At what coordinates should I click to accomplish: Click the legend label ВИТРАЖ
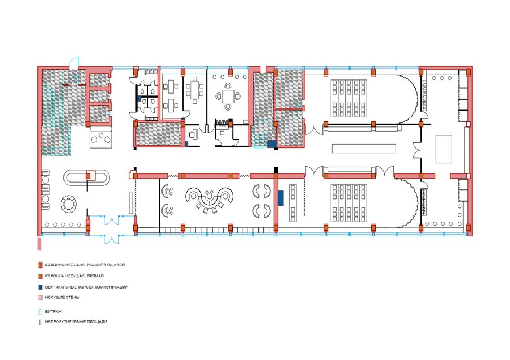coord(53,311)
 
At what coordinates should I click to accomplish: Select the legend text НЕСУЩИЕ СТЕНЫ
coord(62,297)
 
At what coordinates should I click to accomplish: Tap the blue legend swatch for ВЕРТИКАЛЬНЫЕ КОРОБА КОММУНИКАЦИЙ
coord(40,287)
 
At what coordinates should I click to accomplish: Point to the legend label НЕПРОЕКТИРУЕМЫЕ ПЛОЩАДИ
coord(76,321)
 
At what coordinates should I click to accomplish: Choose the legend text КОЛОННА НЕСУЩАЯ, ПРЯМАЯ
coord(74,276)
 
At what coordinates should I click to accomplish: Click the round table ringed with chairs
coord(69,204)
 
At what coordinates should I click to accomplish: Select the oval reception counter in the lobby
coord(86,177)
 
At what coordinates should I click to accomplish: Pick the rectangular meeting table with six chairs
coord(195,90)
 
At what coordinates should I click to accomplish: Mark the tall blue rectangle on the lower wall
coord(280,198)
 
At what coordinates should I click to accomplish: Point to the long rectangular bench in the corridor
coord(364,149)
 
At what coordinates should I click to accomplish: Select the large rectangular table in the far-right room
coord(444,149)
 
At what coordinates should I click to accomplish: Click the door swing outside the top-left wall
coord(74,62)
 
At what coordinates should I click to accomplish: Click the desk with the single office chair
coord(194,134)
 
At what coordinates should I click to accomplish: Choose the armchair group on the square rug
coord(101,138)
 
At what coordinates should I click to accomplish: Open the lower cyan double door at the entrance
coord(112,239)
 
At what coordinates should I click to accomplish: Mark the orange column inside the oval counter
coord(87,176)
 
